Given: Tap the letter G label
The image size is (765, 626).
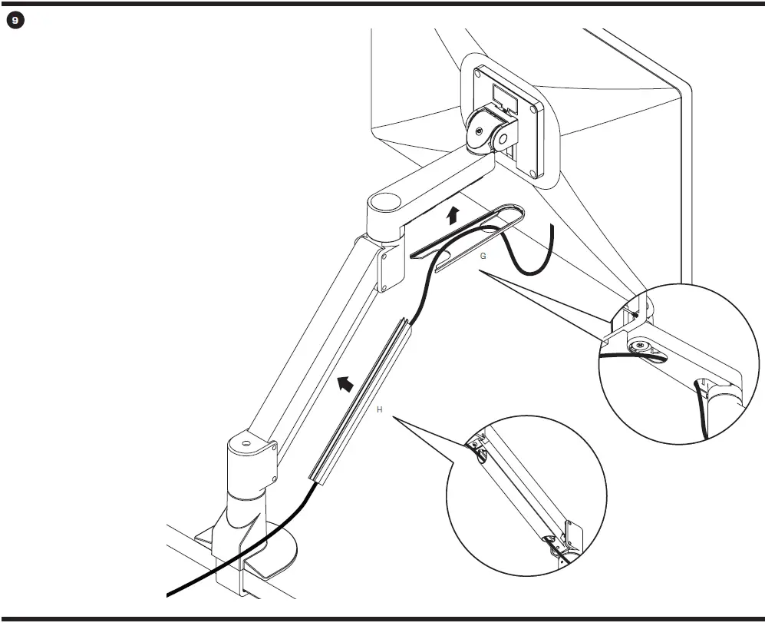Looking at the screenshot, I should (x=483, y=257).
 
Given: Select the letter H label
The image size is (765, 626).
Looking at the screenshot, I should (x=379, y=410).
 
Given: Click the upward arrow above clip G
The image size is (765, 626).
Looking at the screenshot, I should (x=453, y=215).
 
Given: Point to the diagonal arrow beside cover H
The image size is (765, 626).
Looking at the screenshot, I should (x=345, y=383).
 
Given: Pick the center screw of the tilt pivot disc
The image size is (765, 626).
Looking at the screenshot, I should (x=480, y=131).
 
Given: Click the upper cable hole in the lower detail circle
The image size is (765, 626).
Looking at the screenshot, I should (x=481, y=456).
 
